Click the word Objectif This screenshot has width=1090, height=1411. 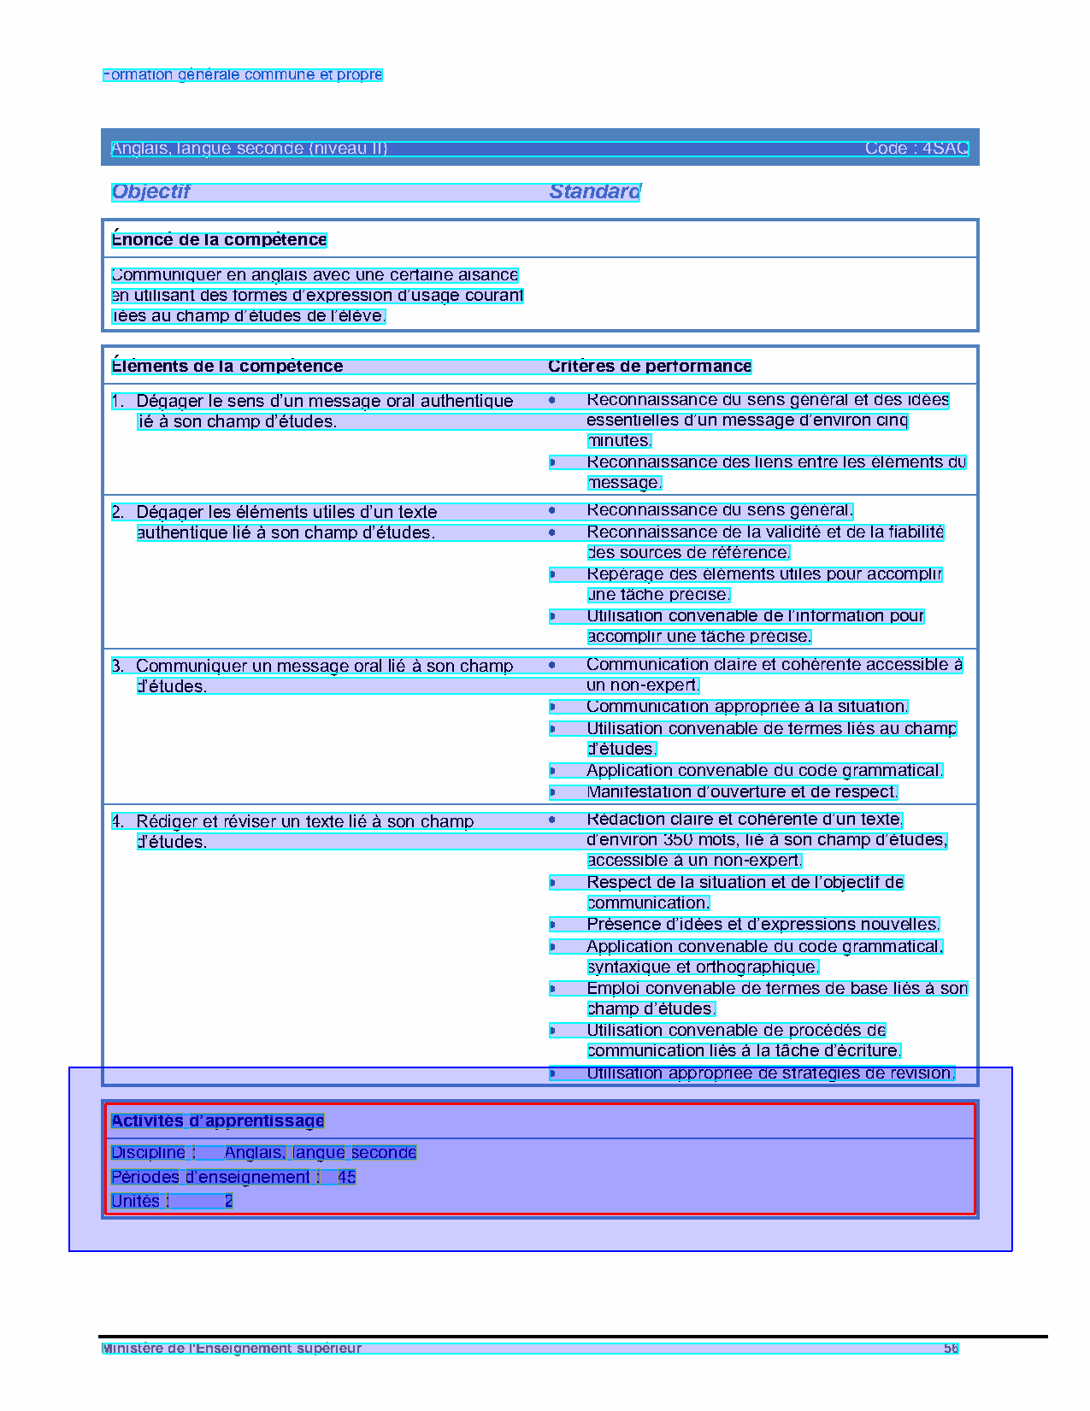pos(150,191)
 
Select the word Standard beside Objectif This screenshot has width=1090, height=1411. pos(594,191)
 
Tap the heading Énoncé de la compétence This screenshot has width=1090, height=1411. pos(219,240)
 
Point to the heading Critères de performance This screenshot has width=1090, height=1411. pos(650,367)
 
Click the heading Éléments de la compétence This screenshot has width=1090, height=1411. pos(227,367)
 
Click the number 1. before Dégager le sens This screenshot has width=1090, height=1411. pos(118,401)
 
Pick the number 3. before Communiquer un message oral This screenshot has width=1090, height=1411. pos(118,666)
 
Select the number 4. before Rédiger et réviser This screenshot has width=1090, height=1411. pos(118,821)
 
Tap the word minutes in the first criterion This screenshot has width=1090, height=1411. pos(620,441)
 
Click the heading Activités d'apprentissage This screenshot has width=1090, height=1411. pos(217,1121)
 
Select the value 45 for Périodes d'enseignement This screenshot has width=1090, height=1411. pos(346,1178)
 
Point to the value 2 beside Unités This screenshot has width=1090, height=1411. pos(228,1202)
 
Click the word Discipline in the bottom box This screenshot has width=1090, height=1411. pos(148,1153)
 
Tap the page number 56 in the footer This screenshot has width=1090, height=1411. pos(951,1349)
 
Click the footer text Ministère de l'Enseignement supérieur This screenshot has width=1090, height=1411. pos(232,1349)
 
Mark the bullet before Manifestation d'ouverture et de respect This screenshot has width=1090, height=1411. pos(553,792)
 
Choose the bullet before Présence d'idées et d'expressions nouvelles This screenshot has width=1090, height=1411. pos(553,925)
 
